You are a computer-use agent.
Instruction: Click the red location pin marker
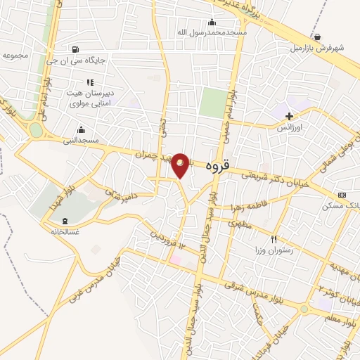point(181,165)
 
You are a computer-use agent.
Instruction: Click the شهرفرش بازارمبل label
point(319,49)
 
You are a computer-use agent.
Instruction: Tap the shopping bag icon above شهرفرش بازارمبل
point(319,37)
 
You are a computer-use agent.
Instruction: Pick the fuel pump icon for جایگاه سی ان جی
point(75,49)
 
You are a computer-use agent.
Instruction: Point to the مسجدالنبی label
point(82,140)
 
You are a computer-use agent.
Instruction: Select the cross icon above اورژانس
point(288,116)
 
